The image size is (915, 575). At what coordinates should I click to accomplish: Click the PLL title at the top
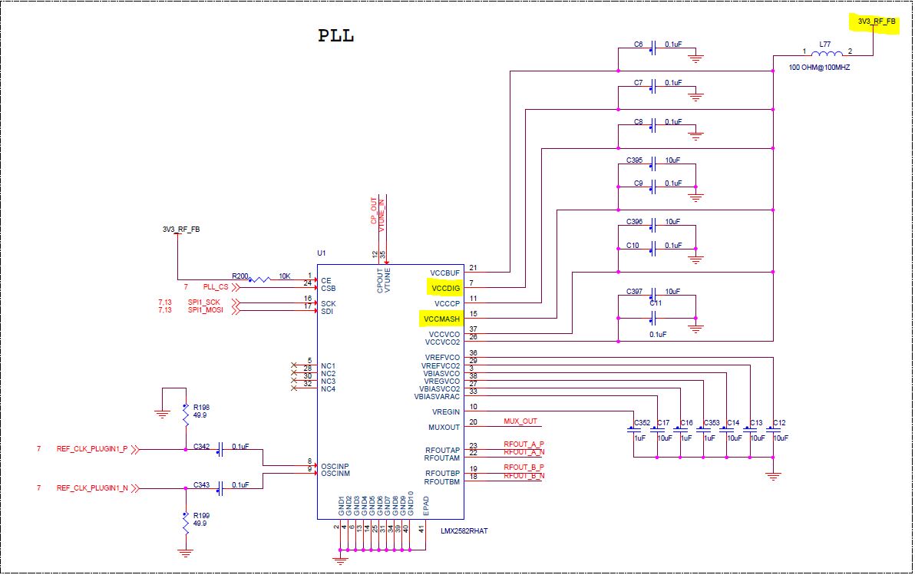[x=336, y=36]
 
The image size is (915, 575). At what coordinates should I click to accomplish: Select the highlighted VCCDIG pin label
[x=444, y=288]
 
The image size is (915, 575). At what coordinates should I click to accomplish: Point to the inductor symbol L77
[x=825, y=54]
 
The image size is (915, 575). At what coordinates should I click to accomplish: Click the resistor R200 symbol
[x=260, y=279]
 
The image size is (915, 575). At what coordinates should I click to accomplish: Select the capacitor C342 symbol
[x=221, y=450]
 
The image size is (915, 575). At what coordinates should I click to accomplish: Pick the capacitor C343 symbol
[x=221, y=487]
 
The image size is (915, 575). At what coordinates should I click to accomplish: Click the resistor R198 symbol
[x=185, y=415]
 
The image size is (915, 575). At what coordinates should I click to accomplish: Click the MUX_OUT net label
[x=520, y=421]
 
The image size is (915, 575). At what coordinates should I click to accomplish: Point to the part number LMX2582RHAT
[x=464, y=530]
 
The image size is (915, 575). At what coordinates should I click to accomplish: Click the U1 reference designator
[x=322, y=253]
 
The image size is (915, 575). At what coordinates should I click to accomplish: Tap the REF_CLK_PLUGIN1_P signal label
[x=92, y=449]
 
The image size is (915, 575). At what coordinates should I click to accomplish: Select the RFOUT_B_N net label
[x=524, y=476]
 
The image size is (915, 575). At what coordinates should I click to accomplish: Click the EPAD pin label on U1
[x=426, y=504]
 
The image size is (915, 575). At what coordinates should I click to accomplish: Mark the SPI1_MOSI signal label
[x=206, y=310]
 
